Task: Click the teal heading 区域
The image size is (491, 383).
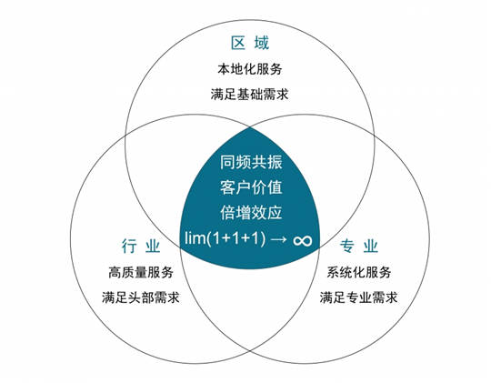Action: pos(250,44)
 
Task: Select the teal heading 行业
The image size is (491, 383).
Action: pos(141,246)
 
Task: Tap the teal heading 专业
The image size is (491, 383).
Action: pos(359,246)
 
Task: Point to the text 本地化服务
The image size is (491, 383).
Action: pos(250,69)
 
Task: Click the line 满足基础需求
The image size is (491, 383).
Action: pos(249,94)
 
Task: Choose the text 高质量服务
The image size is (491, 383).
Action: pos(141,272)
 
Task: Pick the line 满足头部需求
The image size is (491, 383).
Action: pos(141,297)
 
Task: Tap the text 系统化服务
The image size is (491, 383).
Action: pos(359,272)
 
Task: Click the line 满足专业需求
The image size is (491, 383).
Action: pos(358,297)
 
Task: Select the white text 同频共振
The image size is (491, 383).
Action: pos(251,162)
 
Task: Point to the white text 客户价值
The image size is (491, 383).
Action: pos(251,187)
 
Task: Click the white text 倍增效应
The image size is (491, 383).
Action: pos(251,213)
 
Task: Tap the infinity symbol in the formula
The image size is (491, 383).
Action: pos(303,241)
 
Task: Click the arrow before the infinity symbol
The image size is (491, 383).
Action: pos(279,240)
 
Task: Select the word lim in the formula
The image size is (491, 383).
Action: pos(195,238)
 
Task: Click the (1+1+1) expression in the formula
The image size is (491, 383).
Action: pos(235,239)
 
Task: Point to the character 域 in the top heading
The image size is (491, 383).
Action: pos(262,44)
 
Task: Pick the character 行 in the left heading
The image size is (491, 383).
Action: pos(129,246)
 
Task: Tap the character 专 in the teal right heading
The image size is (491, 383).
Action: pos(347,246)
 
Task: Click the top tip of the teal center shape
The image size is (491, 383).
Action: pos(250,127)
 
